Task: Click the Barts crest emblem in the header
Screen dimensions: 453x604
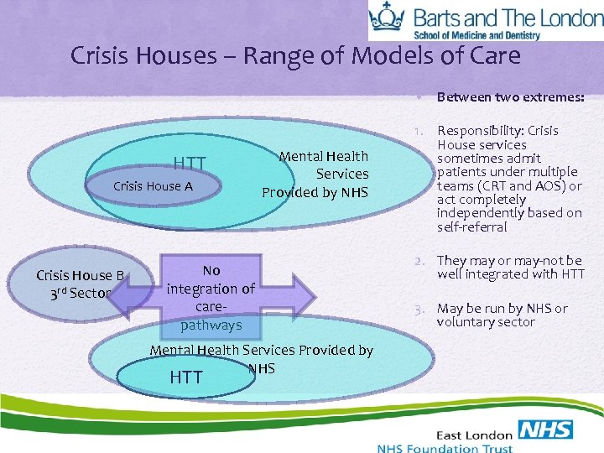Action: click(x=387, y=19)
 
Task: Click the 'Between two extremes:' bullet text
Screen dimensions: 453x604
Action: click(x=510, y=96)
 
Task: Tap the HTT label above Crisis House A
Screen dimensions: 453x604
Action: click(x=189, y=163)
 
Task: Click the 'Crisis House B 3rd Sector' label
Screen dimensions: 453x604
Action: click(x=80, y=284)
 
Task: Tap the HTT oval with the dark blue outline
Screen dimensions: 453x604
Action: click(x=185, y=377)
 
